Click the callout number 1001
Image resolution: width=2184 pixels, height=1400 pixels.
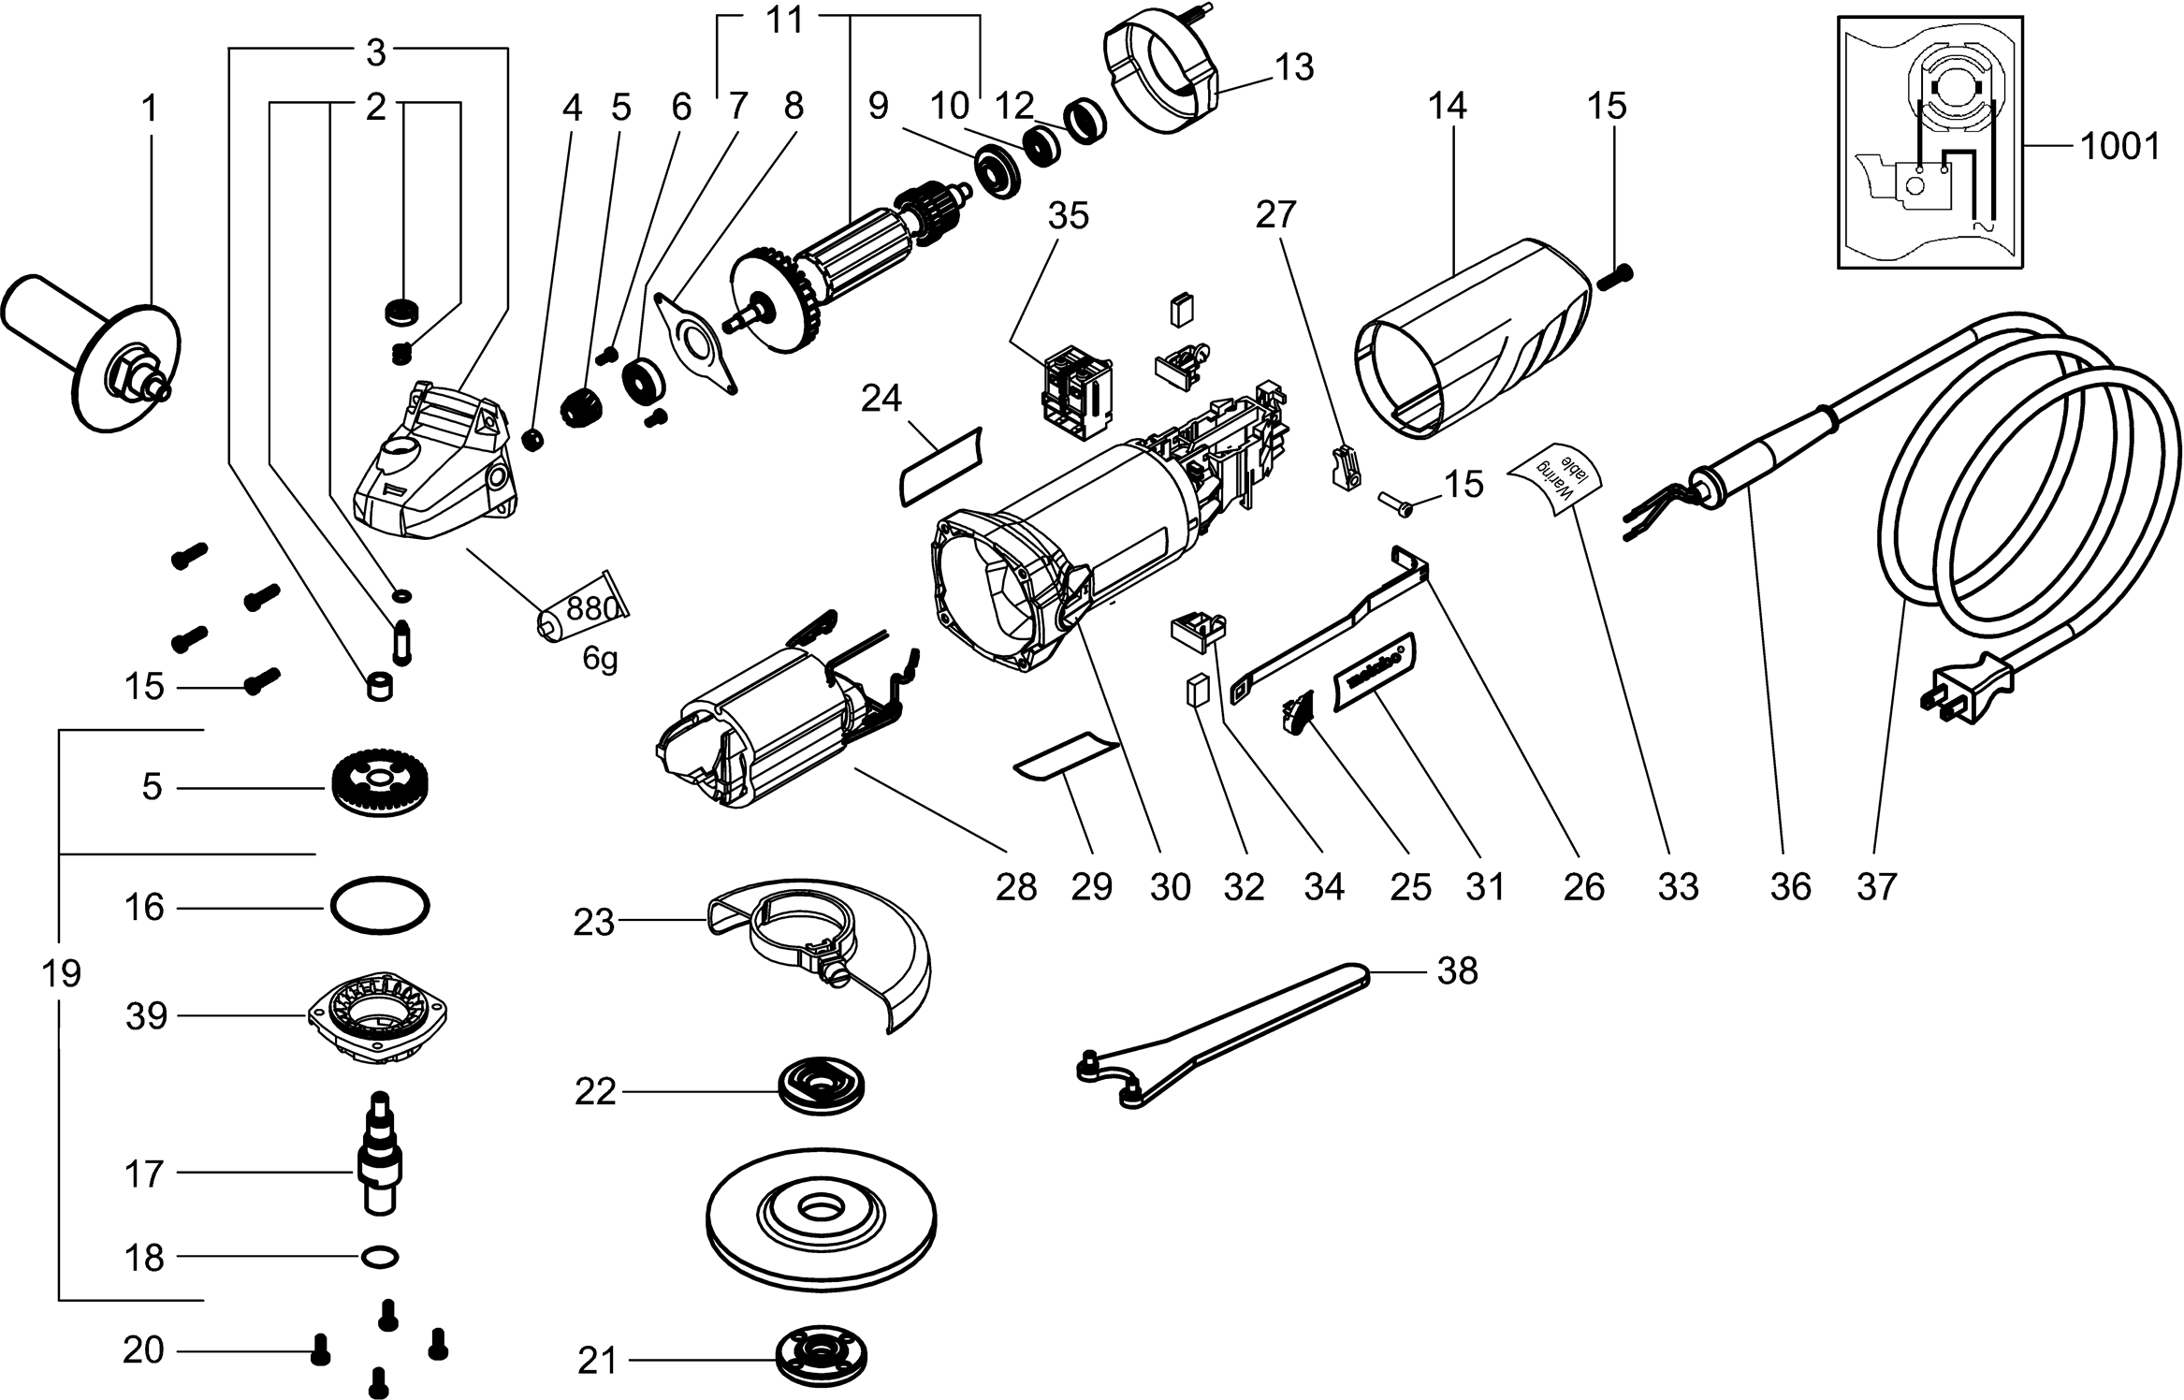coord(2119,148)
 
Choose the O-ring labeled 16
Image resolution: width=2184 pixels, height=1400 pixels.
coord(379,906)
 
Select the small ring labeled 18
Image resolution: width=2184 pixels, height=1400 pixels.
coord(378,1256)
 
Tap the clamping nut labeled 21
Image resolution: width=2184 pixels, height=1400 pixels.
coord(821,1353)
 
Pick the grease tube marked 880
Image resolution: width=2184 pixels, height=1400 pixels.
coord(582,614)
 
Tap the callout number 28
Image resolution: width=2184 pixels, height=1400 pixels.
coord(1016,885)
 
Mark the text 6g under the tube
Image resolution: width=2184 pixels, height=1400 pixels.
coord(600,660)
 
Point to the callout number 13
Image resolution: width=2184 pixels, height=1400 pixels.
coord(1294,67)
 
